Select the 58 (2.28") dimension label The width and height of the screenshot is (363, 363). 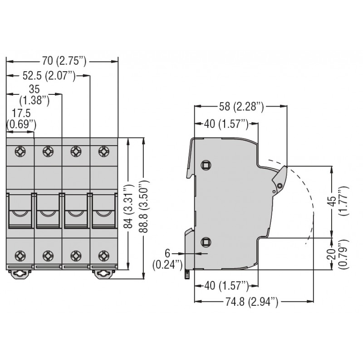coord(240,107)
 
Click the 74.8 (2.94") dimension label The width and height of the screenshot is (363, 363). coord(253,301)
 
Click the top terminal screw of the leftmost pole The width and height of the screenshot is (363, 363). coord(20,150)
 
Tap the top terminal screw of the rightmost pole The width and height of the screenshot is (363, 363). coord(104,150)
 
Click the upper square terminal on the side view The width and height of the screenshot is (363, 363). coord(206,164)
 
